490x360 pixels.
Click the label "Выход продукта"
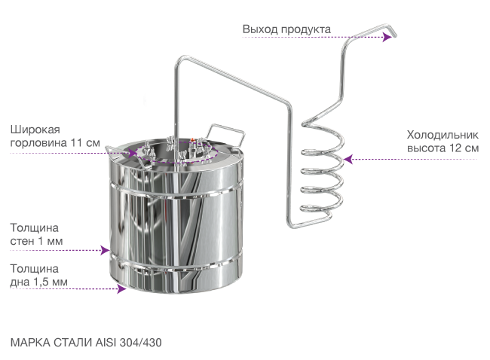(286, 29)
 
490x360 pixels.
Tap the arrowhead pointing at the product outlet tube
(387, 37)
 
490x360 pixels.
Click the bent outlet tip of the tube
(392, 31)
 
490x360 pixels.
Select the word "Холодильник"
(443, 135)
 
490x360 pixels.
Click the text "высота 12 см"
(443, 148)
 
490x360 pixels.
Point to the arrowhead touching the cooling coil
(348, 159)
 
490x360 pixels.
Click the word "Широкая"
(35, 130)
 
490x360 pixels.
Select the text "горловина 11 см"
(55, 142)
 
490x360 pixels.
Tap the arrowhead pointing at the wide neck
(132, 153)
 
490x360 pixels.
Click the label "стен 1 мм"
(36, 241)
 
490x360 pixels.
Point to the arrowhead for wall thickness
(105, 250)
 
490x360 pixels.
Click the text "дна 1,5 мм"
(38, 282)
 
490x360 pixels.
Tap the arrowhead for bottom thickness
(121, 288)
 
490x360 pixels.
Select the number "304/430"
(141, 343)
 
